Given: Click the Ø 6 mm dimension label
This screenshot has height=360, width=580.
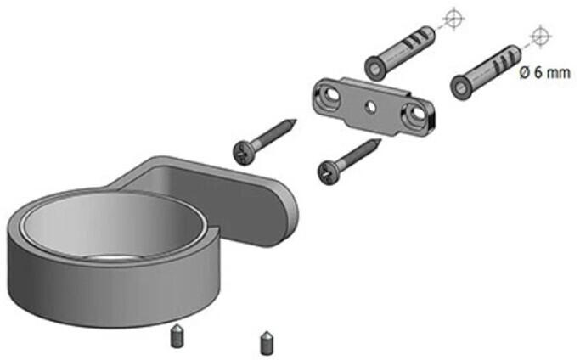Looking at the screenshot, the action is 544,72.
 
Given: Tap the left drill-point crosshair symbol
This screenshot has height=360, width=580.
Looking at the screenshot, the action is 453,17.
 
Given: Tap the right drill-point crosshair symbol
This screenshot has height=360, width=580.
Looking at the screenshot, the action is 540,37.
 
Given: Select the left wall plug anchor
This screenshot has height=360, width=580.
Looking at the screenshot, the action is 400,53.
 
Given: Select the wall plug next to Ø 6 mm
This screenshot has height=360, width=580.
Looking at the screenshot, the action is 485,72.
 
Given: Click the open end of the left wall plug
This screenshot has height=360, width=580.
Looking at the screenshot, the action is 375,69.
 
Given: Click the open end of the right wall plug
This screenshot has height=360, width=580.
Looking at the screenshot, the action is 461,87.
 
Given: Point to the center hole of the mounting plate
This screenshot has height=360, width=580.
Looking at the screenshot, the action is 369,107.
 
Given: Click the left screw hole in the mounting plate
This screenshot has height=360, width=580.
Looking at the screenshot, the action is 330,94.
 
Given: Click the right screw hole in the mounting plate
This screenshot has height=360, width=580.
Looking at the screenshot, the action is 416,112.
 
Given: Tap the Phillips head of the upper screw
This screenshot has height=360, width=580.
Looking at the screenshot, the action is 244,153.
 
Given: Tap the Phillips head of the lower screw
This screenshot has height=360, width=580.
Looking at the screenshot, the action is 328,173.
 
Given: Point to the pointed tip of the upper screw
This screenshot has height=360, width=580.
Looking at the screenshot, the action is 295,121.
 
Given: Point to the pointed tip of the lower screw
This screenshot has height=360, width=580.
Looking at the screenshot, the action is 380,140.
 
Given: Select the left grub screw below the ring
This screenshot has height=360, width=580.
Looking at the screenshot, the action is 177,336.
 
